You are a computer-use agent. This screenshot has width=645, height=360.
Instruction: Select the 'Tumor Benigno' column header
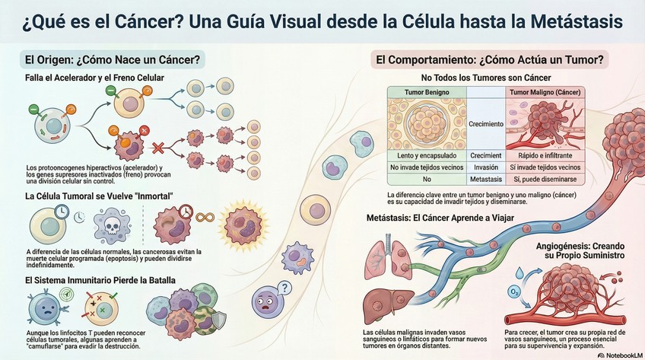[x=426, y=92]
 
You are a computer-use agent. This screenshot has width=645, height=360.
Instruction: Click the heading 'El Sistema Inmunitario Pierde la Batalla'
[x=100, y=280]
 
